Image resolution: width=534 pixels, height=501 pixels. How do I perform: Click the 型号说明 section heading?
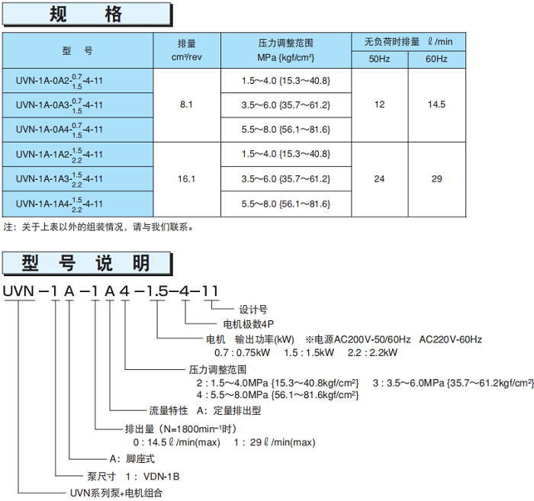point(87,264)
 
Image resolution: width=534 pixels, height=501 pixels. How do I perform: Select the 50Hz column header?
point(379,59)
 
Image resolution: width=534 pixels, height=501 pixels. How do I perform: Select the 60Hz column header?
point(436,59)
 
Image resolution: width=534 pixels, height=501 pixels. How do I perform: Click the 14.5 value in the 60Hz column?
point(436,104)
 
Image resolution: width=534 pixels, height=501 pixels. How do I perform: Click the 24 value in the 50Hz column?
point(379,179)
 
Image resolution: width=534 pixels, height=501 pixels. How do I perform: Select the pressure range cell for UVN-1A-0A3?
point(285,104)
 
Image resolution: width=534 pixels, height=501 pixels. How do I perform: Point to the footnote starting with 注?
point(99,227)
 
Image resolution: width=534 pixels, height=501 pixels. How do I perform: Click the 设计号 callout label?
point(253,310)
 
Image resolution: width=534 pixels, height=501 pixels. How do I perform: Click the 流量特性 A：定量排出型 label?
point(204,409)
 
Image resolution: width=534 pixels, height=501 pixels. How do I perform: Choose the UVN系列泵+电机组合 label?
point(116,493)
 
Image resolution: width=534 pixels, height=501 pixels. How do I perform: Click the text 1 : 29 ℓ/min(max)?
point(274,442)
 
